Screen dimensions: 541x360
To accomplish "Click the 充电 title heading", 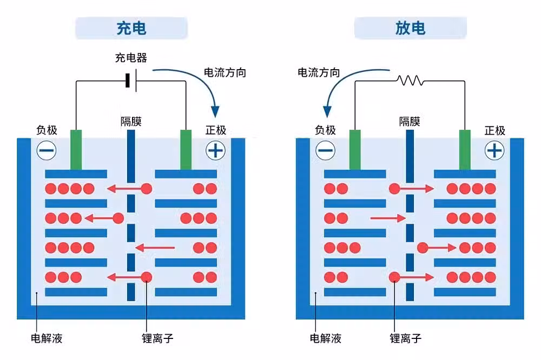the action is (131, 28).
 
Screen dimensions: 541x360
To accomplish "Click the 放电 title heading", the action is (410, 28).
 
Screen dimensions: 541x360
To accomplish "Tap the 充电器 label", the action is (131, 58).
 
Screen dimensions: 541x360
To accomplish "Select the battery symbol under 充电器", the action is (131, 81).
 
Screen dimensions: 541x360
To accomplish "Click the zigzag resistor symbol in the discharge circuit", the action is (410, 81).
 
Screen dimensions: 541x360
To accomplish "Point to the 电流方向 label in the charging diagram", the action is (225, 72).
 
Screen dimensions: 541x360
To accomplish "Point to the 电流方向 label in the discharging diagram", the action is (319, 72).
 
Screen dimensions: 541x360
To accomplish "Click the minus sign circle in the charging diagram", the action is (47, 150).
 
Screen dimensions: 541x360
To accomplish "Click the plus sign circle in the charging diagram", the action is (216, 150).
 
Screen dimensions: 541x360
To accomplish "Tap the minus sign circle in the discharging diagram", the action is (325, 150).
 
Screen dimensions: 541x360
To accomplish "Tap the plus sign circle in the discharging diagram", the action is (494, 150).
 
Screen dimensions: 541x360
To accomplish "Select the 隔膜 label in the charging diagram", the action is (131, 122).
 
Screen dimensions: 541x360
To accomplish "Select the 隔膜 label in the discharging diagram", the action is (410, 122).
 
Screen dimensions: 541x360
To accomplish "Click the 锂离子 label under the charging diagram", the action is (157, 338).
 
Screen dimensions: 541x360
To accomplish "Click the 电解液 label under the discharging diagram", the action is (325, 338).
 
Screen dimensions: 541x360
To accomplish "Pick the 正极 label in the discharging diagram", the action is (495, 130).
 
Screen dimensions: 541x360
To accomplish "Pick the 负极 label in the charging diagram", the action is (47, 130).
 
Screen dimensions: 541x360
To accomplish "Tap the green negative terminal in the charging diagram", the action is (76, 150).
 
